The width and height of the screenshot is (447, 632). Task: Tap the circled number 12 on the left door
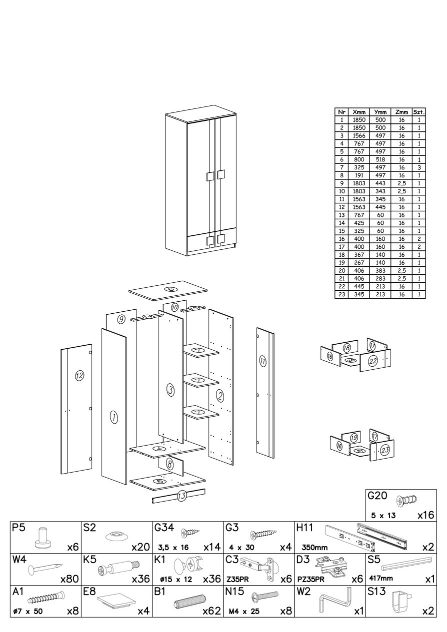pyautogui.click(x=79, y=375)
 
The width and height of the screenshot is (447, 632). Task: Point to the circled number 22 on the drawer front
pyautogui.click(x=372, y=361)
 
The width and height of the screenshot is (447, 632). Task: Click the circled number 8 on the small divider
pyautogui.click(x=169, y=464)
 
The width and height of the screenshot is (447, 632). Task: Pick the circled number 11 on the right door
pyautogui.click(x=262, y=361)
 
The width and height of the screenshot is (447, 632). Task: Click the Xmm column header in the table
pyautogui.click(x=359, y=112)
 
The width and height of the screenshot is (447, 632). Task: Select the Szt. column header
pyautogui.click(x=419, y=112)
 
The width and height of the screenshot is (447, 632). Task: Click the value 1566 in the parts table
pyautogui.click(x=359, y=136)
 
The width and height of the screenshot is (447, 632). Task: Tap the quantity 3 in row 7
pyautogui.click(x=419, y=167)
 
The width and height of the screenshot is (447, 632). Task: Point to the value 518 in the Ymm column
pyautogui.click(x=380, y=159)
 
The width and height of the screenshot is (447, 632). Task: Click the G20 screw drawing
pyautogui.click(x=406, y=500)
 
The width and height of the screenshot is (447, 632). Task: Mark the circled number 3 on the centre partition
pyautogui.click(x=170, y=391)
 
